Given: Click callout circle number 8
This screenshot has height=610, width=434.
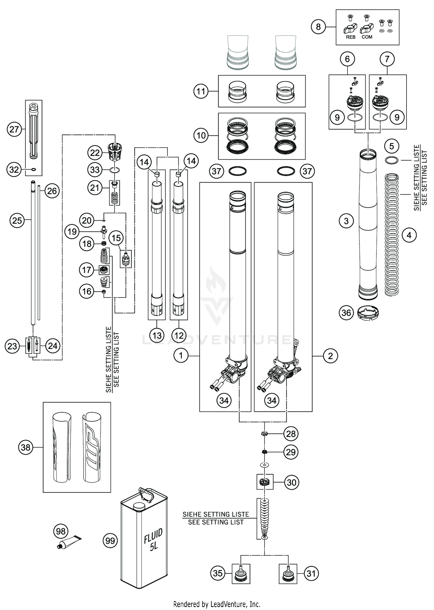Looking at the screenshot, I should click(318, 27).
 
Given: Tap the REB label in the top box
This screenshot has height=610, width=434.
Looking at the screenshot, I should click(350, 37).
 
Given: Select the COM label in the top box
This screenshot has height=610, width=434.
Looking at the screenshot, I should click(367, 37).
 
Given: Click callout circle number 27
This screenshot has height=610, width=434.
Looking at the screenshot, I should click(14, 129).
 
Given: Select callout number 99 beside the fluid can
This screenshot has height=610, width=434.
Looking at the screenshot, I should click(110, 541).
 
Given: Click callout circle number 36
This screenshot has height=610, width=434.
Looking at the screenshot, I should click(346, 313).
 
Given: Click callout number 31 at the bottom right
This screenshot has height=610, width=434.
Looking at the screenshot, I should click(311, 574).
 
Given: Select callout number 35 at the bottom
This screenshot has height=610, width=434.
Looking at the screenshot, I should click(218, 574).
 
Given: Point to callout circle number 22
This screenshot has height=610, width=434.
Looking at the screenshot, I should click(95, 153).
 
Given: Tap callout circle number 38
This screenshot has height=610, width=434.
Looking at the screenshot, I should click(25, 448).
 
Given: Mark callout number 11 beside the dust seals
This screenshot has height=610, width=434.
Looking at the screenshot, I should click(201, 91).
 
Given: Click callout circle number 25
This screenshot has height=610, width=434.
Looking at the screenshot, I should click(17, 221).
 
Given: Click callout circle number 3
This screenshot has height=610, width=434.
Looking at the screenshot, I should click(346, 221).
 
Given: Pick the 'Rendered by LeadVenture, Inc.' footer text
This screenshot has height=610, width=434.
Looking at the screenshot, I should click(217, 604).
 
